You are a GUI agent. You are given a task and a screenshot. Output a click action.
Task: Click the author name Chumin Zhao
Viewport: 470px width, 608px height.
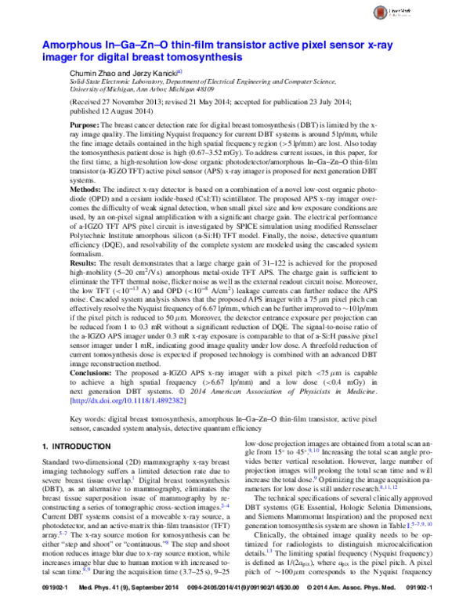pos(92,71)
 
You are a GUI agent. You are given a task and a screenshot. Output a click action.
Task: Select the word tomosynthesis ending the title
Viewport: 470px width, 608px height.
pos(204,57)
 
